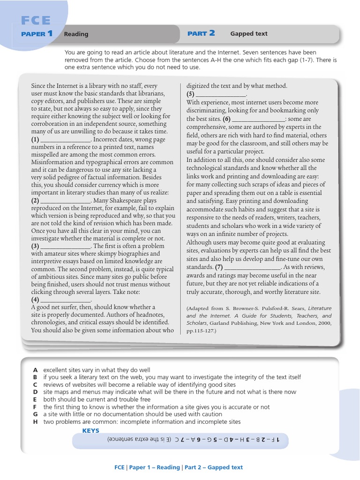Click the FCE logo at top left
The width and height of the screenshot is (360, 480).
click(x=36, y=20)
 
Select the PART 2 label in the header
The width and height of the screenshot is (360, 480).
click(x=201, y=33)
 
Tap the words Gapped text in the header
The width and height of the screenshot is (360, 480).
click(x=248, y=34)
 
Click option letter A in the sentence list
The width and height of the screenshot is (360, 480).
click(x=35, y=370)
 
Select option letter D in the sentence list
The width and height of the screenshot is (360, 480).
click(x=35, y=392)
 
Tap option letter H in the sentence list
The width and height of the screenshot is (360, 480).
click(x=35, y=421)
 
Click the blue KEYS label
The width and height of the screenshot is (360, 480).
click(x=91, y=430)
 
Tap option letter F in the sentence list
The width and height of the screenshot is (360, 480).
click(x=35, y=407)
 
